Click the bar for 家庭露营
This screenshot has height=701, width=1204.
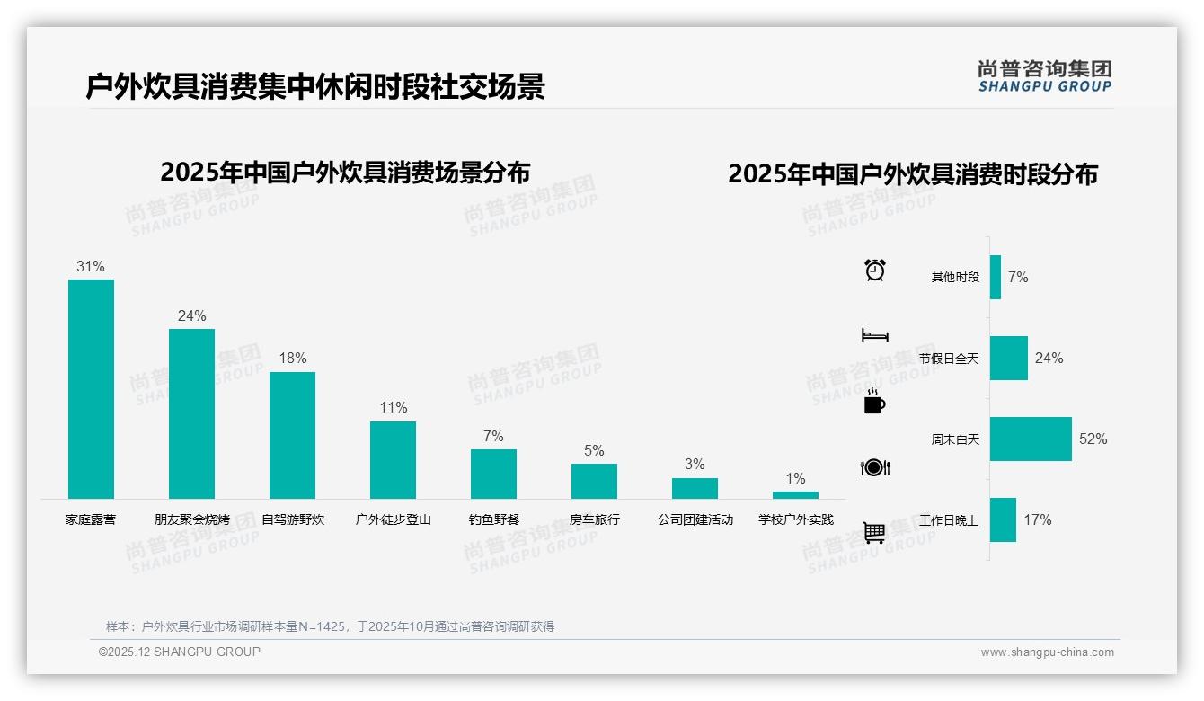coord(91,389)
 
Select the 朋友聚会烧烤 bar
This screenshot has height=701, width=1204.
coord(191,413)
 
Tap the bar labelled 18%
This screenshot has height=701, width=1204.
coord(292,435)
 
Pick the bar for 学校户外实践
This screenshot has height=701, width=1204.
coord(795,495)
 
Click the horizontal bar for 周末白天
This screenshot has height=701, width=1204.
coord(1031,439)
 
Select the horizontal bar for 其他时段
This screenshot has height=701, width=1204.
coord(995,277)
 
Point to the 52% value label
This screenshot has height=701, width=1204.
coord(1093,439)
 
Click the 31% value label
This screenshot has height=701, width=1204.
coord(91,267)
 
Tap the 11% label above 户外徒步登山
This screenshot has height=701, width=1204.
coord(393,408)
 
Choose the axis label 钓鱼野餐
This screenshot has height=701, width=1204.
coord(493,519)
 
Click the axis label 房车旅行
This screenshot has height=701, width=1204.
coord(594,519)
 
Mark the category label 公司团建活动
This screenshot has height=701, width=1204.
coord(695,519)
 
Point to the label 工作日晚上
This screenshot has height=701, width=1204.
coord(949,520)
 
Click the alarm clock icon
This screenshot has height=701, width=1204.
coord(874,270)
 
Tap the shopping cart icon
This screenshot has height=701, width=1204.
coord(874,532)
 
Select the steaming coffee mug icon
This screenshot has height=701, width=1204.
coord(874,402)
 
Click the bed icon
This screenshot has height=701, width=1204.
coord(874,335)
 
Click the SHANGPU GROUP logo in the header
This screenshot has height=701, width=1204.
coord(1044,76)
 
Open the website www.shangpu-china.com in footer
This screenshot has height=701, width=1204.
coord(1047,652)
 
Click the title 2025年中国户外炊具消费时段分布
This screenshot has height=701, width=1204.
coord(912,174)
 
